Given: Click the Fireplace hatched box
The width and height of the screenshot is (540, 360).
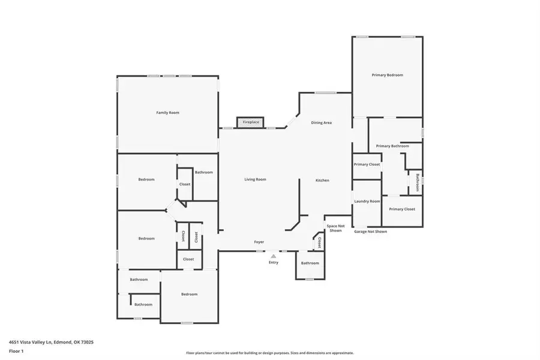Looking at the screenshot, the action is click(250, 122).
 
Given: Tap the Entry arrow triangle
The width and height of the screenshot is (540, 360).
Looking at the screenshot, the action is click(273, 256).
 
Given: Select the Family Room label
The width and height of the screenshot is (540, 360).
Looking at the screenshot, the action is click(168, 113).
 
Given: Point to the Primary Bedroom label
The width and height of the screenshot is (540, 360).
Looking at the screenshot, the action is click(388, 75).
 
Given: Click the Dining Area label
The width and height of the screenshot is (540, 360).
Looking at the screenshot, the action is click(322, 122).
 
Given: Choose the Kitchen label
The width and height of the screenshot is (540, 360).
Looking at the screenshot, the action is click(322, 180).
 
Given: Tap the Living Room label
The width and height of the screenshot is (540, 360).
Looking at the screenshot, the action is click(255, 179).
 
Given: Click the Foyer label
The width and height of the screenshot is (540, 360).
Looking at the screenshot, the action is click(259, 242).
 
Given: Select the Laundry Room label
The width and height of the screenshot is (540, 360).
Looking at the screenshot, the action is click(367, 201).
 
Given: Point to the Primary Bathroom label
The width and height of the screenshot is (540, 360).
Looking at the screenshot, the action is click(392, 146).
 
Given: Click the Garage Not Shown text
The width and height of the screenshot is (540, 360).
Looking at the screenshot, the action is click(371, 232).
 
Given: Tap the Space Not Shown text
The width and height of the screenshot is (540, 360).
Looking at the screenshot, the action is click(335, 228).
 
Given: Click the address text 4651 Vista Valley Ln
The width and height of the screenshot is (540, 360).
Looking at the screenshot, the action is click(31, 342).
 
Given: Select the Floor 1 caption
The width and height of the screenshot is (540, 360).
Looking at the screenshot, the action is click(16, 352).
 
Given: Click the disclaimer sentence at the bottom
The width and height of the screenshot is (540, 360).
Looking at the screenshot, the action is click(269, 353).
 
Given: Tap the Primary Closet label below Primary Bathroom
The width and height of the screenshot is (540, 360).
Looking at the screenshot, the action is click(402, 209).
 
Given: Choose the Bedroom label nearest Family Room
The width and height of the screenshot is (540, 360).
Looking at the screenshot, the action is click(146, 179).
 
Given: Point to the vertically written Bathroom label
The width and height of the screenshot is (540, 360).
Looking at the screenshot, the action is click(418, 182).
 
